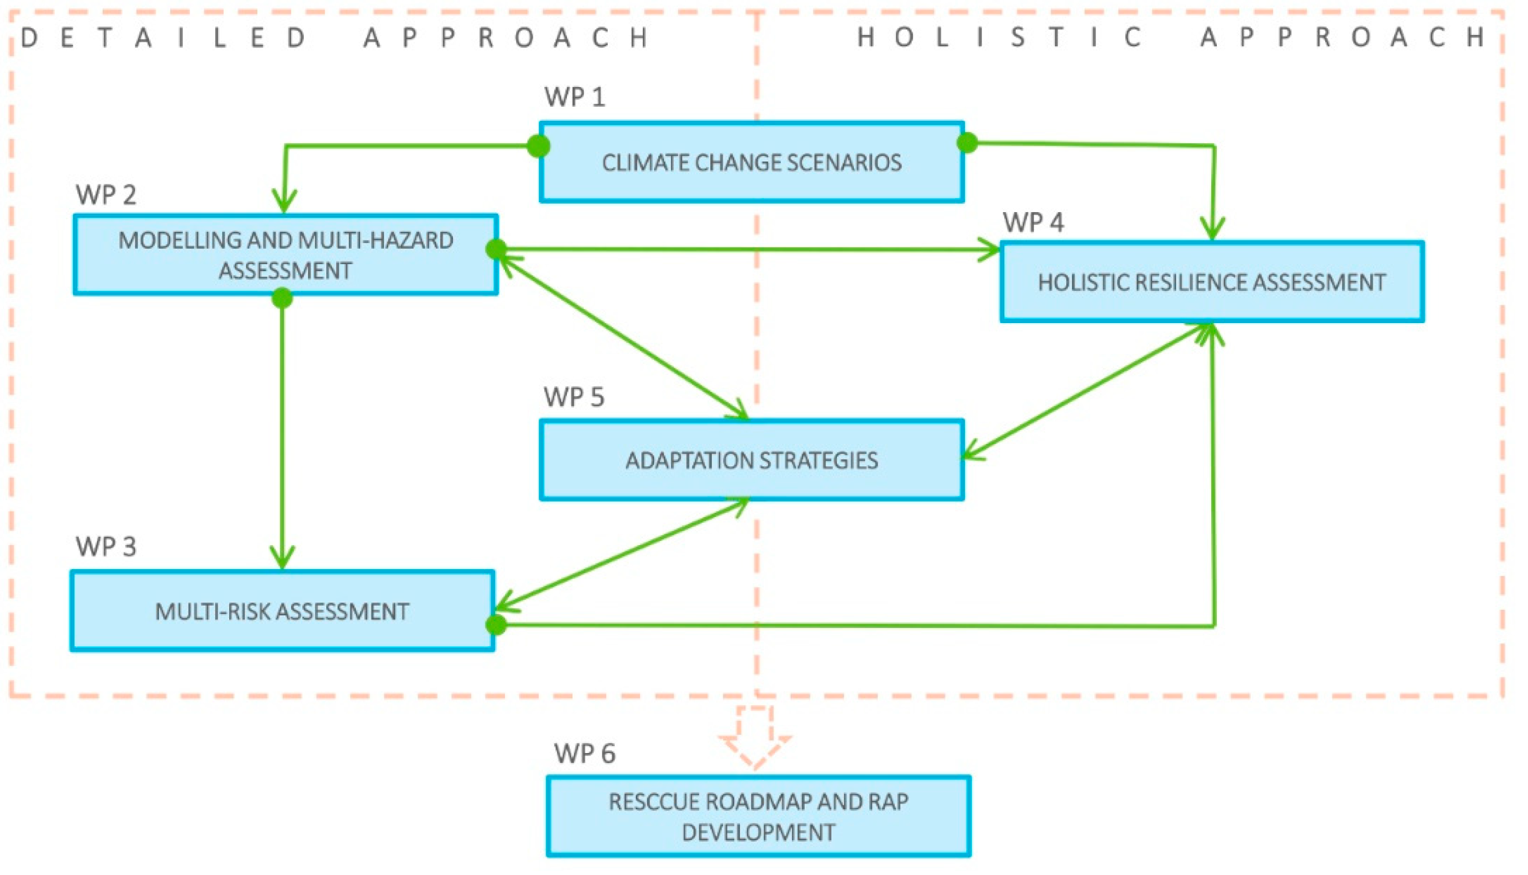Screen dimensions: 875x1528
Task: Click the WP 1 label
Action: (574, 97)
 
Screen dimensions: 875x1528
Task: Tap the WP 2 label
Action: (106, 195)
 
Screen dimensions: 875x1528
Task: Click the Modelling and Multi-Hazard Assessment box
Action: (286, 255)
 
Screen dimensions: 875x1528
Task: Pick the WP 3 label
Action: (106, 547)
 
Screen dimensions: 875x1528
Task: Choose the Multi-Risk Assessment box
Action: (282, 612)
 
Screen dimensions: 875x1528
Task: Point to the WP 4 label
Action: (1033, 223)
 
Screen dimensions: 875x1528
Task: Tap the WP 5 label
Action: (574, 397)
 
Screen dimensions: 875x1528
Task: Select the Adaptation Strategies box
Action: (751, 460)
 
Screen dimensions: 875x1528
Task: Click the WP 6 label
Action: (585, 754)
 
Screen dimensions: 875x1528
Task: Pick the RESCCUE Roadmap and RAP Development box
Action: (758, 817)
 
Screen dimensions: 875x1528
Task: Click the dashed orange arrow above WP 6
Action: (755, 737)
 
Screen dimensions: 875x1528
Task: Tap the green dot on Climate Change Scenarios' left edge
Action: (538, 146)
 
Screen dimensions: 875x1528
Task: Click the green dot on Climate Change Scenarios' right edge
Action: (967, 143)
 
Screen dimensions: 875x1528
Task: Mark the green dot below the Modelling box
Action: (282, 298)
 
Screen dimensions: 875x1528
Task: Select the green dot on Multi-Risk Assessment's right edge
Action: (496, 625)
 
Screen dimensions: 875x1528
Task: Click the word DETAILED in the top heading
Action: (164, 38)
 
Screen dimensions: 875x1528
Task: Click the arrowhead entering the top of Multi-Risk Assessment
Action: (282, 558)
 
